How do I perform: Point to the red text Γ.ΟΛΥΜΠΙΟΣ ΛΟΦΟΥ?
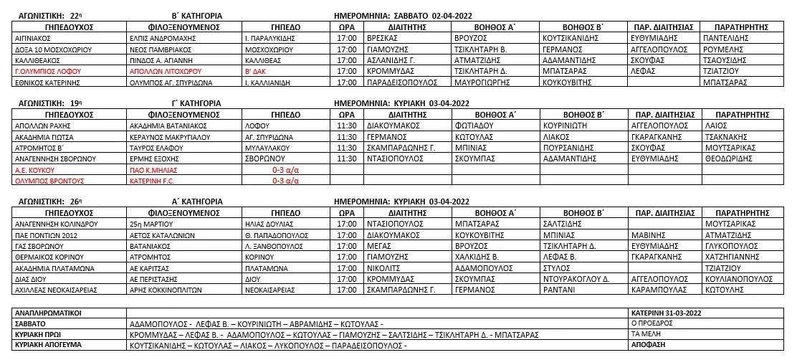click(48, 72)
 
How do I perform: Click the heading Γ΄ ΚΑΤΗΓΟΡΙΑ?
click(185, 103)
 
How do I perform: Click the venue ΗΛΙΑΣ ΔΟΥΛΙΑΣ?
click(270, 224)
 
